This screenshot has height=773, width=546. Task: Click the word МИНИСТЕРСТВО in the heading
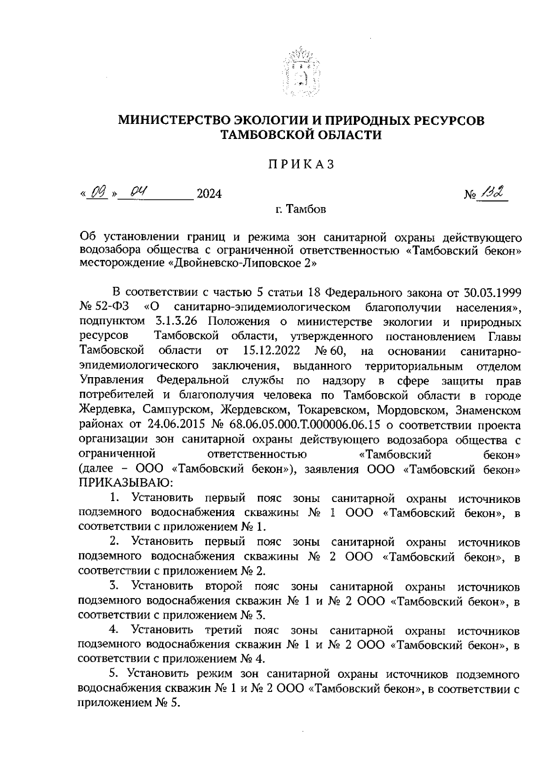[173, 121]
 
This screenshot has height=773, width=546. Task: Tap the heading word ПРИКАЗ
[300, 164]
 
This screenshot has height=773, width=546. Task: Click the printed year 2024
[208, 194]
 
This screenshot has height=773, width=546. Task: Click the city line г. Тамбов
[300, 210]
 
